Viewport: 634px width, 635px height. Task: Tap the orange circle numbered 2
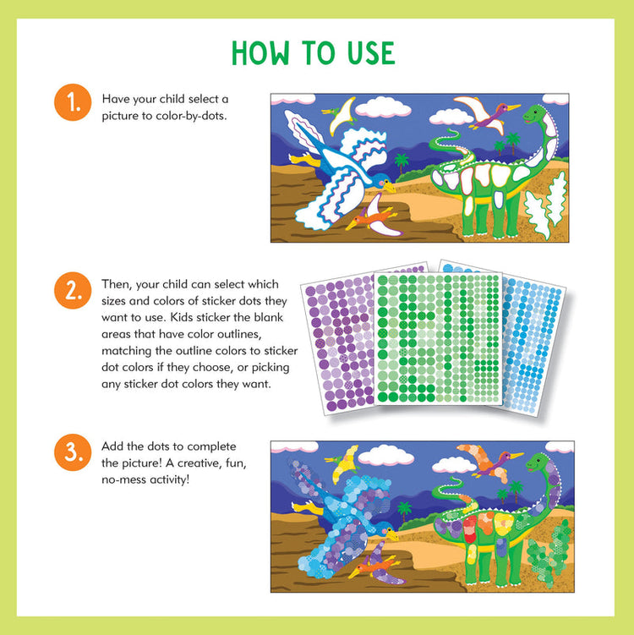pos(73,292)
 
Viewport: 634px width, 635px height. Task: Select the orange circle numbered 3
pos(73,452)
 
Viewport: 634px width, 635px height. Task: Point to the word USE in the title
pos(367,53)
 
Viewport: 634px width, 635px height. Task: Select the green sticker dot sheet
pos(437,338)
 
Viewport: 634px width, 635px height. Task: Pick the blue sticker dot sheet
pos(533,338)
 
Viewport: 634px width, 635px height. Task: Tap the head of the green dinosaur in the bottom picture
pos(538,463)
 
